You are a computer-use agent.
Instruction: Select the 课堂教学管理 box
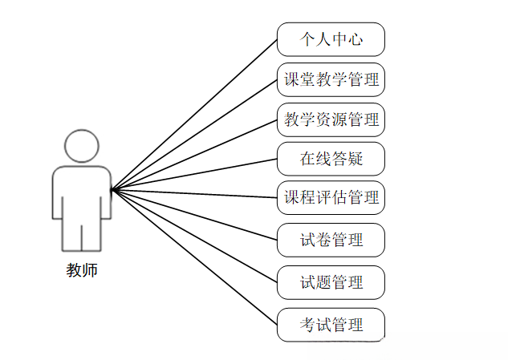point(331,79)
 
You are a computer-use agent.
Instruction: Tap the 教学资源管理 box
point(331,120)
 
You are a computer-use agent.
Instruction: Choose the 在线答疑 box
point(331,159)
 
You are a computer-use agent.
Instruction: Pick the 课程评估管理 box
point(331,197)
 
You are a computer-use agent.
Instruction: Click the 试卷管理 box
point(331,240)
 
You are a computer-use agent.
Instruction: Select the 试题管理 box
point(331,282)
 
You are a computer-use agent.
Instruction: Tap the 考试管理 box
point(331,325)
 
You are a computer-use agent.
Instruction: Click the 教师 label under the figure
point(82,270)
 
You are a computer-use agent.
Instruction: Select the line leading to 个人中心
point(194,114)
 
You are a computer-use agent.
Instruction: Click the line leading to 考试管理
point(194,257)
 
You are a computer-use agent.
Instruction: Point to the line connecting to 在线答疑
point(194,174)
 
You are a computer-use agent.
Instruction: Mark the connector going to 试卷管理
point(194,214)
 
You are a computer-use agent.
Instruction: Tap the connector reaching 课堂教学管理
point(194,134)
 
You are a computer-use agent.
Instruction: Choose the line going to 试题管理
point(194,237)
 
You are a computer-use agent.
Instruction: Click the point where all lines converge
point(112,190)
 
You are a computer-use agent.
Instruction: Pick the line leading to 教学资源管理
point(194,155)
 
